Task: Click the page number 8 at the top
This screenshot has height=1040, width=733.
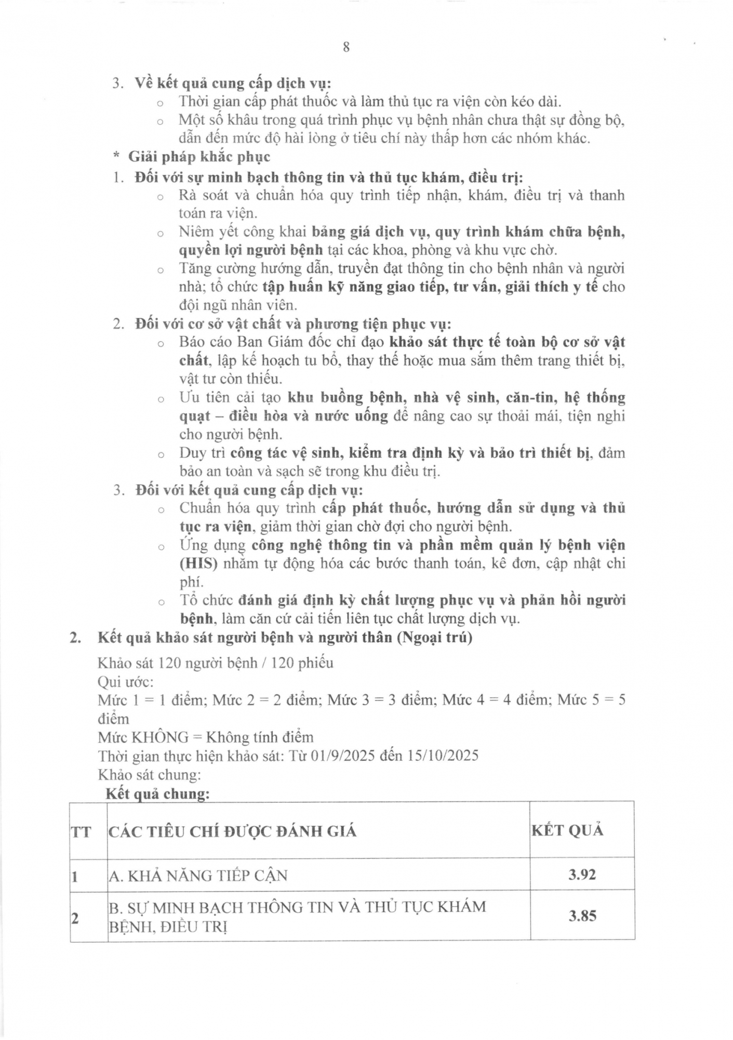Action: (x=346, y=47)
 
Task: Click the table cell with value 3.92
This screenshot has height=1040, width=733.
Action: (x=582, y=875)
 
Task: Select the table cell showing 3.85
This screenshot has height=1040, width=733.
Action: (x=582, y=916)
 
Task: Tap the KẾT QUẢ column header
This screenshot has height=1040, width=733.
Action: (x=567, y=830)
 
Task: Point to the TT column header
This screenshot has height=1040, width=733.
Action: (x=81, y=832)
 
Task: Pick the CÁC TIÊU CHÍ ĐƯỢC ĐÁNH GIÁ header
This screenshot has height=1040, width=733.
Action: (x=232, y=831)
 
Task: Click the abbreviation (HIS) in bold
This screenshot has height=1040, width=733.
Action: (x=198, y=564)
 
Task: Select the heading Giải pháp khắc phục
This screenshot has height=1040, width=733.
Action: (x=199, y=157)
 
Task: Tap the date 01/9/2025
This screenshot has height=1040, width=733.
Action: (x=342, y=756)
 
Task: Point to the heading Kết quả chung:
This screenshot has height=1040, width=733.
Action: (x=157, y=794)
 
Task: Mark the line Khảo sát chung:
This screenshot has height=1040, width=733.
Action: (x=149, y=775)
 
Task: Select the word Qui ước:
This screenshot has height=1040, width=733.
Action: (x=126, y=682)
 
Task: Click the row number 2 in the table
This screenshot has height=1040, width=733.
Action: (x=75, y=918)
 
